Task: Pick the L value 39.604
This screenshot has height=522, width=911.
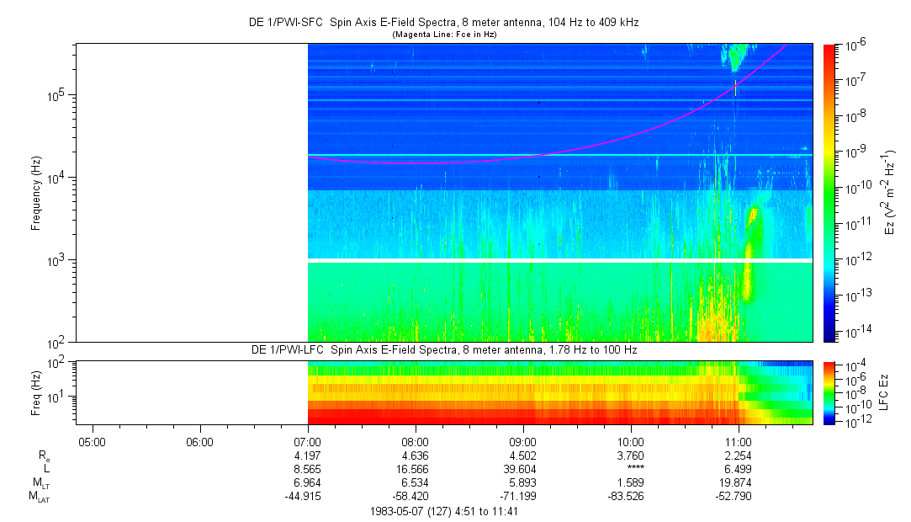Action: pos(522,469)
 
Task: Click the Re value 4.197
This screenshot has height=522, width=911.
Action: pos(308,455)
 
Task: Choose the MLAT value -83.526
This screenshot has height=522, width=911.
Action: pos(630,497)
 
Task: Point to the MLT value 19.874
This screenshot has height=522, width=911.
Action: pos(738,482)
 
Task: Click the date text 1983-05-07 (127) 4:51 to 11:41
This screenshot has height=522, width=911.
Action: pos(444,511)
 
